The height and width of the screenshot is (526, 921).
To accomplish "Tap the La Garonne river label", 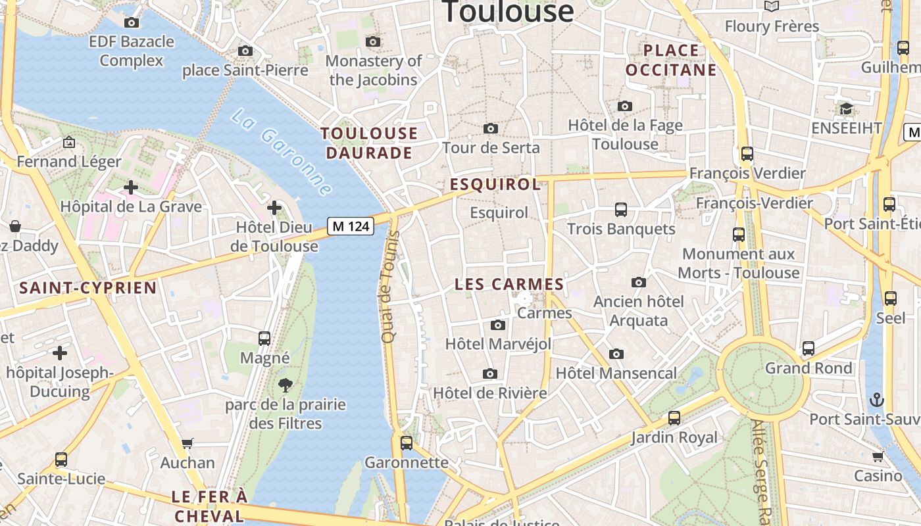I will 282,152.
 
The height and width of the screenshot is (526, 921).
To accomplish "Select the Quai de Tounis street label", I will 389,287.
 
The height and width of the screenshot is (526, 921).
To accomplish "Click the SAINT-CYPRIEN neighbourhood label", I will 88,288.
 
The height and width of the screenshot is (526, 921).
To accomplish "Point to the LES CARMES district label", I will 510,285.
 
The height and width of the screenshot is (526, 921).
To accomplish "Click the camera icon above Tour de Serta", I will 490,128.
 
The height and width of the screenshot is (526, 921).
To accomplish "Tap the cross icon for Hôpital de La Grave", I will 131,187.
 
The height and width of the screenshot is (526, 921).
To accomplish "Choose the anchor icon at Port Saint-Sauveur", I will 876,399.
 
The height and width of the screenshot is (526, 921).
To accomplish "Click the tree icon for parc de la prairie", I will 286,385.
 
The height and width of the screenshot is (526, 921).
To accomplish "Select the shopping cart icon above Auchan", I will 187,444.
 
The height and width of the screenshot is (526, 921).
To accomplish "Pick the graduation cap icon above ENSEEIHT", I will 846,108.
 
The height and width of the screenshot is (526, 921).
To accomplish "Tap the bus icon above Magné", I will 264,339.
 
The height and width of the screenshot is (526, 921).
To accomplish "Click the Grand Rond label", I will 809,368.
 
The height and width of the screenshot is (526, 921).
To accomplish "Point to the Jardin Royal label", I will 674,437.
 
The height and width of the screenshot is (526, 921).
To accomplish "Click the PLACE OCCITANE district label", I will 671,60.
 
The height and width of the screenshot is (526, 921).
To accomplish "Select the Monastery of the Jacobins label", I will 373,70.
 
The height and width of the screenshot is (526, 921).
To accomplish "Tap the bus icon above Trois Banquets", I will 621,210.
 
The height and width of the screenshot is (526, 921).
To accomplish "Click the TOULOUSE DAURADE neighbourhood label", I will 368,143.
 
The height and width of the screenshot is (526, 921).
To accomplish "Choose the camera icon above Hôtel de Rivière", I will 489,374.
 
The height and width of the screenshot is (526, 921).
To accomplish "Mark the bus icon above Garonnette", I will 407,443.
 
